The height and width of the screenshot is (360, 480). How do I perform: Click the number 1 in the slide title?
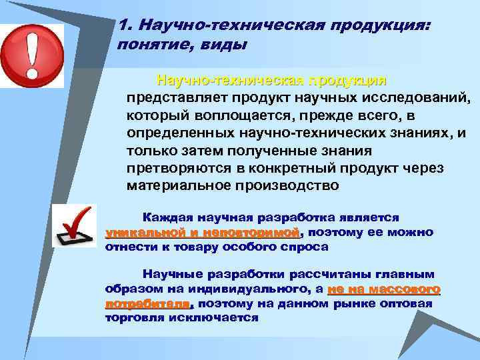[121, 25]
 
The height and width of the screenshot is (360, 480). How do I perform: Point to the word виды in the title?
[225, 45]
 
